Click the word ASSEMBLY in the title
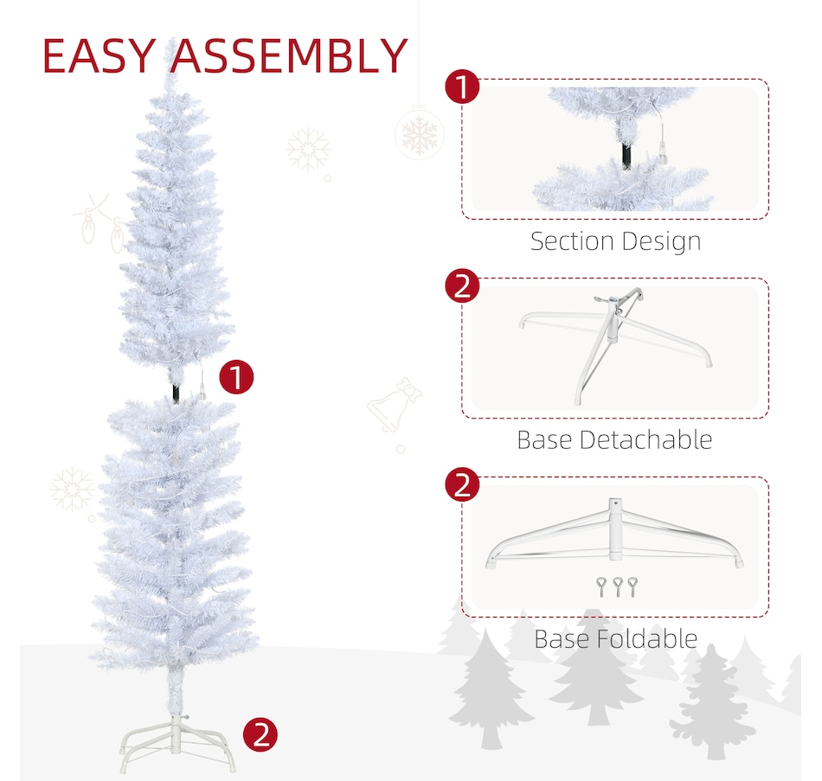pyautogui.click(x=289, y=56)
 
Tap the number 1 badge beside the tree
pyautogui.click(x=237, y=378)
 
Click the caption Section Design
pyautogui.click(x=615, y=241)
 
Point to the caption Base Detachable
pyautogui.click(x=614, y=439)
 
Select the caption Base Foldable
pyautogui.click(x=615, y=639)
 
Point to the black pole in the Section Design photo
pyautogui.click(x=625, y=154)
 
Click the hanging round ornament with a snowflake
pyautogui.click(x=420, y=134)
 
